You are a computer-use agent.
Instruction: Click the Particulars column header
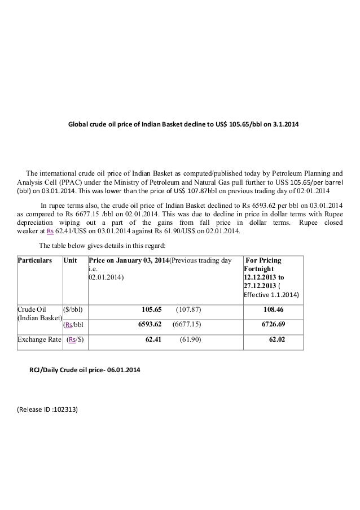[35, 260]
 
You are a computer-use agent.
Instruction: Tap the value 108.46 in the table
[273, 310]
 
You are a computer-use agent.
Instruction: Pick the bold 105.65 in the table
[151, 310]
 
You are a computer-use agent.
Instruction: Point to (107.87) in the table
[189, 310]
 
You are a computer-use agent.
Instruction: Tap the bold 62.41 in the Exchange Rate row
[153, 341]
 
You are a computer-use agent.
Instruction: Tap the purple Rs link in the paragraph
[50, 230]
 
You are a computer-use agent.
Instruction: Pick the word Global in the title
[78, 123]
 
